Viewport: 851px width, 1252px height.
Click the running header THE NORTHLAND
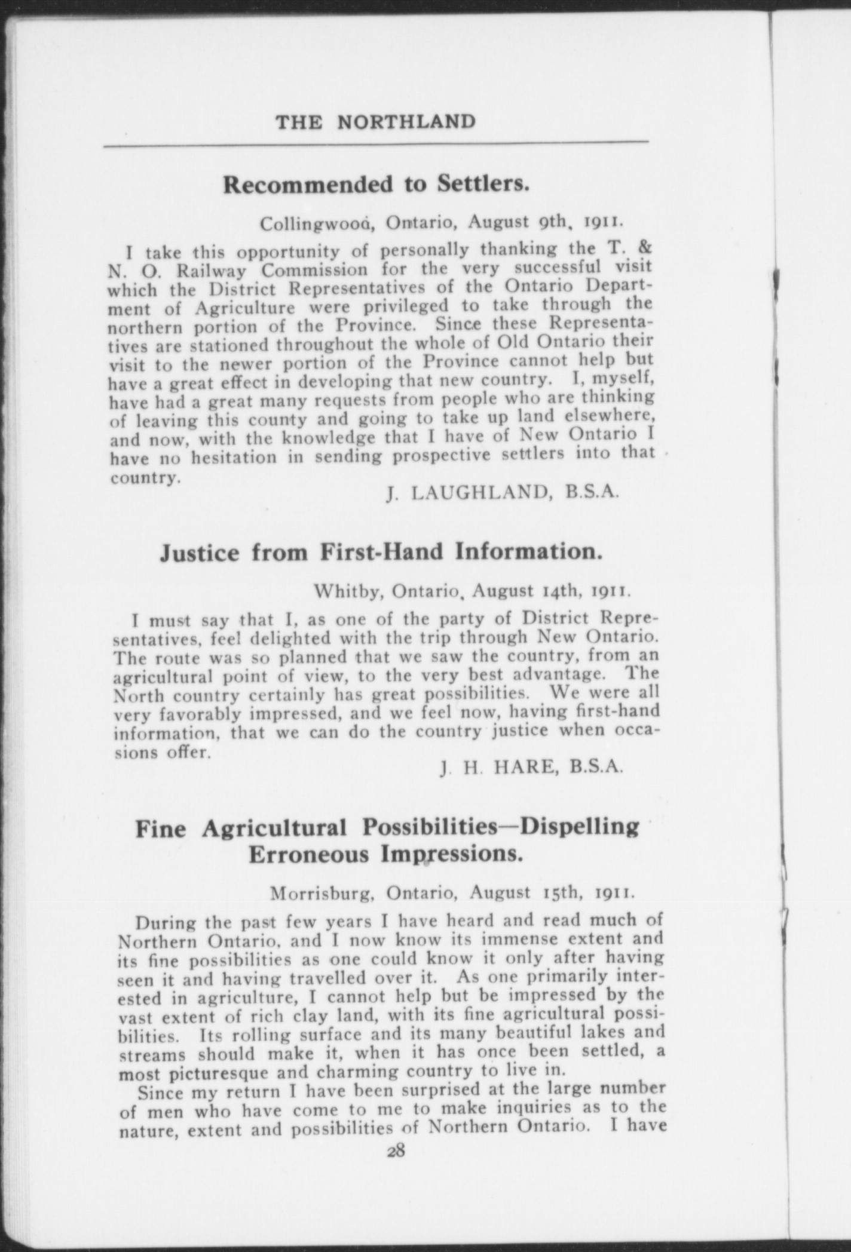(375, 122)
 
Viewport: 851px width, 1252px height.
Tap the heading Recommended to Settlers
(376, 185)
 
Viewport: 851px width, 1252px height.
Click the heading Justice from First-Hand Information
(380, 552)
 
